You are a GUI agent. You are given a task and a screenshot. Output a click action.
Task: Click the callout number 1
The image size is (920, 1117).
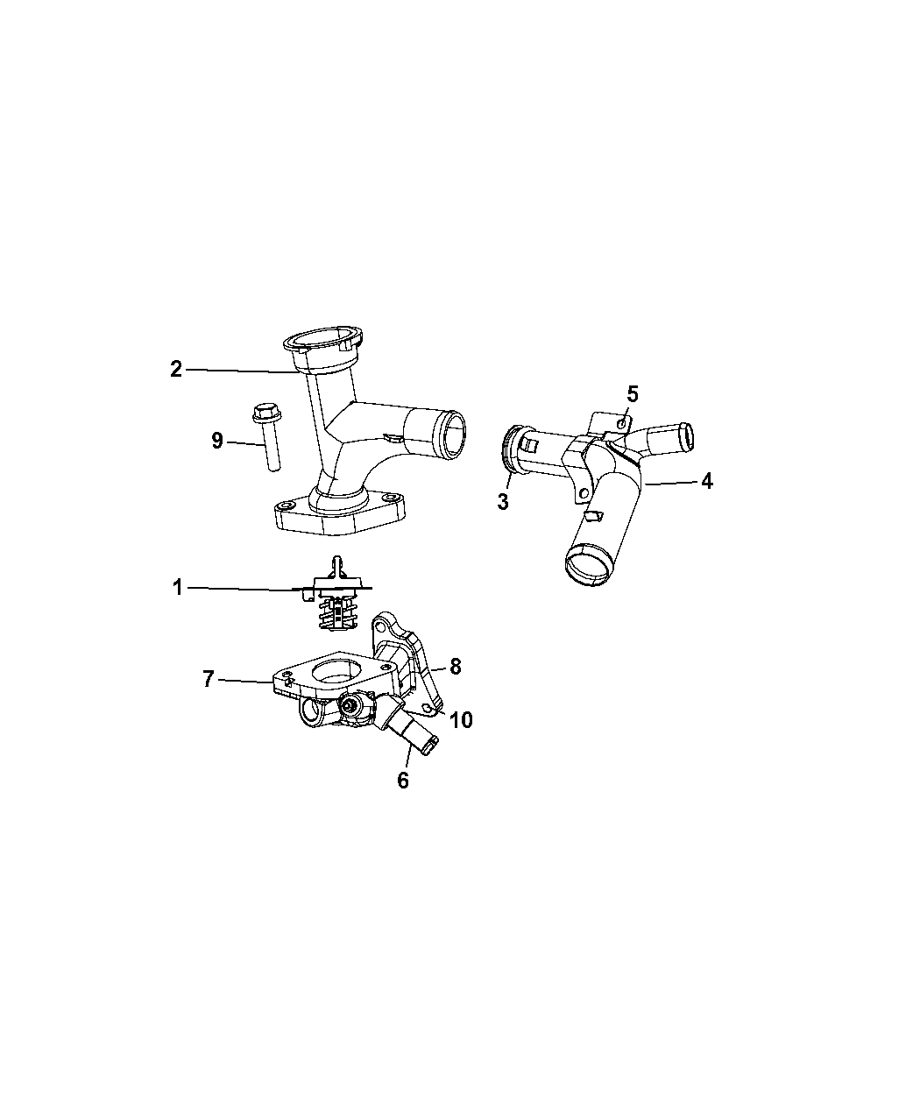[178, 588]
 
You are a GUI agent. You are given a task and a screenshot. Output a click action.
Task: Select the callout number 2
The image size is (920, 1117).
[176, 369]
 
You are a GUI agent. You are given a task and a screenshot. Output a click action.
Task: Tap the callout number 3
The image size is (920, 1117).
[503, 502]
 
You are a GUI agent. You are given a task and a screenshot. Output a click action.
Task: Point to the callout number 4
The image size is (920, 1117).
[706, 482]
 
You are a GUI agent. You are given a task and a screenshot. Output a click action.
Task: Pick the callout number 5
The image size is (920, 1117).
[633, 394]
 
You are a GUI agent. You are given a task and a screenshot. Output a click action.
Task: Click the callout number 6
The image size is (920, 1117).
[403, 780]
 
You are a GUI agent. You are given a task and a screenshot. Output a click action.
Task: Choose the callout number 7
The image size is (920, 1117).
[209, 679]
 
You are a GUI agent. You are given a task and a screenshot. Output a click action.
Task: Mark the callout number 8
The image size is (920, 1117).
[455, 667]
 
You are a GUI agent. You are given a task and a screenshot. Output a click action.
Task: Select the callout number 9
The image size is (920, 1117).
[216, 441]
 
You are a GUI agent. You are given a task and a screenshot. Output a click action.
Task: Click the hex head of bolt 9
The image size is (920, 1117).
[266, 413]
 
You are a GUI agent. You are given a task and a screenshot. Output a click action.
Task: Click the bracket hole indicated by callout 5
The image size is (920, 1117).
[621, 424]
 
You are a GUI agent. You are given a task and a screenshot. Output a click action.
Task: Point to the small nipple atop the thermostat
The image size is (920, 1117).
[336, 564]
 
